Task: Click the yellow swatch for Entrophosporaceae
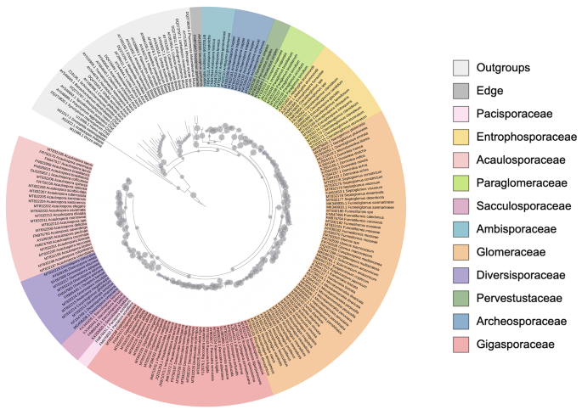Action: [x=462, y=137]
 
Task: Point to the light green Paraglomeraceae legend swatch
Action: [x=462, y=182]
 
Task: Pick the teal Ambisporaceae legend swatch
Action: [x=462, y=228]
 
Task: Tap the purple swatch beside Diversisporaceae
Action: [x=462, y=274]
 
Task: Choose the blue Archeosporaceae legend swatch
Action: [x=462, y=320]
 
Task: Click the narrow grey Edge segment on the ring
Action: [x=195, y=17]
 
